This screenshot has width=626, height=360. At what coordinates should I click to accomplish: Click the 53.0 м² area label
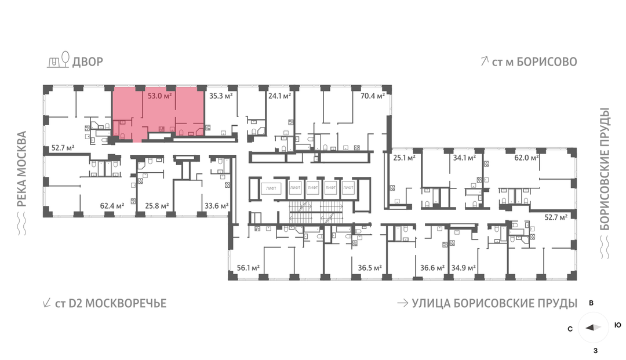coord(160,96)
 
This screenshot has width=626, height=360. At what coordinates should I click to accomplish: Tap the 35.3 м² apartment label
coord(221,96)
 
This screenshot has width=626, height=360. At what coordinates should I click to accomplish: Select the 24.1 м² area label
coord(279,96)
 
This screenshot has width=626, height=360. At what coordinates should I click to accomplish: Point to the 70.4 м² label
coord(373,96)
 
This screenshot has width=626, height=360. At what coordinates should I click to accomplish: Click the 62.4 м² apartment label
coord(112,206)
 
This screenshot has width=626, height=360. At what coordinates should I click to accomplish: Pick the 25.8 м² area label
coord(157,206)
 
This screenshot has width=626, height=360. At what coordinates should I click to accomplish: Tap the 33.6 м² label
coord(216,206)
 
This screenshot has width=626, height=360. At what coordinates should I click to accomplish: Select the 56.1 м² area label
coord(248,268)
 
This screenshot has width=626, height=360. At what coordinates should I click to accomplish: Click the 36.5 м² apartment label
coord(370,268)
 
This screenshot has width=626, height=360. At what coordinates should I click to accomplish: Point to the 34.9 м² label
coord(464,268)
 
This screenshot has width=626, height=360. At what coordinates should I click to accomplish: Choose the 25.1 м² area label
coord(405,158)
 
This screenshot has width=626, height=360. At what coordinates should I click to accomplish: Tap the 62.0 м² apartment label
coord(526,158)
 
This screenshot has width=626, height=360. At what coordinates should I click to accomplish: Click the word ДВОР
coord(88,62)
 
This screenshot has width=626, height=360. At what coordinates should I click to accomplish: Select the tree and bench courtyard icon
coord(59,60)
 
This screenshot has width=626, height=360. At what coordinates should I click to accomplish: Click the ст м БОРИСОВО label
coord(529,62)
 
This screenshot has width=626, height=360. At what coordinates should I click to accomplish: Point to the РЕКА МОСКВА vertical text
coord(22,169)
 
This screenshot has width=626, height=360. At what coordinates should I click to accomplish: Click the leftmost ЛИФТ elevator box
coord(271,188)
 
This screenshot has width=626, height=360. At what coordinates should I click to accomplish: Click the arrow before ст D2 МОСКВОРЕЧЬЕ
coord(47,303)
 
